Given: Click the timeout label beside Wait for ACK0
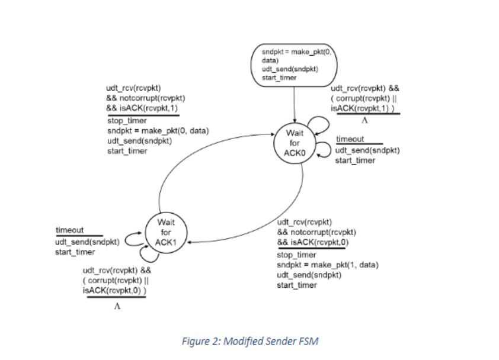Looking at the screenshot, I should [350, 140].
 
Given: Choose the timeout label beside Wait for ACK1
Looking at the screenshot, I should [70, 230].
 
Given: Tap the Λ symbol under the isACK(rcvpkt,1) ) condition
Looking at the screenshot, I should [365, 121].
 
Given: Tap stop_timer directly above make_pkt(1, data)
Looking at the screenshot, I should [296, 255].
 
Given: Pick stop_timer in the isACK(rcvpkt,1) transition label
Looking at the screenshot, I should [127, 121].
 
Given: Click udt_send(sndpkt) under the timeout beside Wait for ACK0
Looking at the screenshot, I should [367, 150].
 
